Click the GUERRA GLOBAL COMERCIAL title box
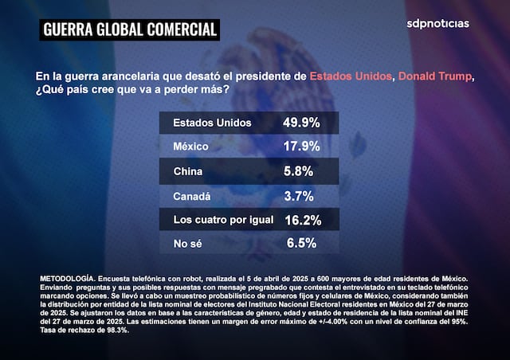(130, 30)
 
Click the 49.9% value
(301, 123)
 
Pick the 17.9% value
(301, 147)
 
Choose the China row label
(187, 171)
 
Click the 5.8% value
(299, 171)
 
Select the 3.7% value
(299, 195)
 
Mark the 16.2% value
(301, 220)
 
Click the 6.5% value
(299, 244)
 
